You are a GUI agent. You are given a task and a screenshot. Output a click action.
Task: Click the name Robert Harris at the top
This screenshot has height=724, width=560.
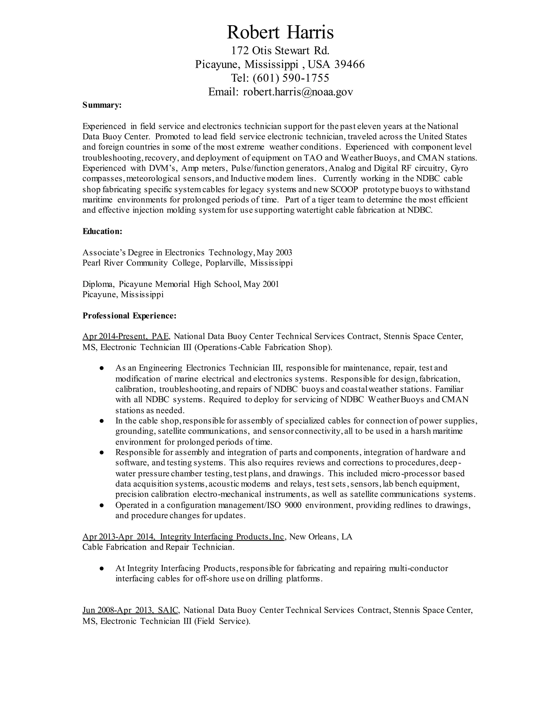coord(280,33)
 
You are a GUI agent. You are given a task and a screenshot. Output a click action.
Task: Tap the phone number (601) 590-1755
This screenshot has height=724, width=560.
coord(291,78)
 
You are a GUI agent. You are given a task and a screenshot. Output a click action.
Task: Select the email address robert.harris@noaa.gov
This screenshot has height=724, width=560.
coord(298,92)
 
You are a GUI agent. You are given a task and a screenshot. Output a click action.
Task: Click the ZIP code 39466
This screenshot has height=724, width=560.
coord(349,64)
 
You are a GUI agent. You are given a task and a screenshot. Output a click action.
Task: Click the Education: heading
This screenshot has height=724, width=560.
coord(103,231)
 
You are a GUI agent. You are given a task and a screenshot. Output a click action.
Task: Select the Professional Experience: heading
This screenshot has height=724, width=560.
coord(129,316)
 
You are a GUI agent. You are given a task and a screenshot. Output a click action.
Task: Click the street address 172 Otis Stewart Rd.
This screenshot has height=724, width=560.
coord(280,51)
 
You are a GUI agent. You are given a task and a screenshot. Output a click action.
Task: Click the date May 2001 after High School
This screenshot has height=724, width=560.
coord(261,284)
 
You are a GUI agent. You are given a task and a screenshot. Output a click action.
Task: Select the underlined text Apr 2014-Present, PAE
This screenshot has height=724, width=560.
coord(126,337)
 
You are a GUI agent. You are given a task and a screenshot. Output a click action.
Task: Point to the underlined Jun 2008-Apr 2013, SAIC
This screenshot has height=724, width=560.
coord(131,610)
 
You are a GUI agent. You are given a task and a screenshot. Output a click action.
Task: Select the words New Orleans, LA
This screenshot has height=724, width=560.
coord(321,536)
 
